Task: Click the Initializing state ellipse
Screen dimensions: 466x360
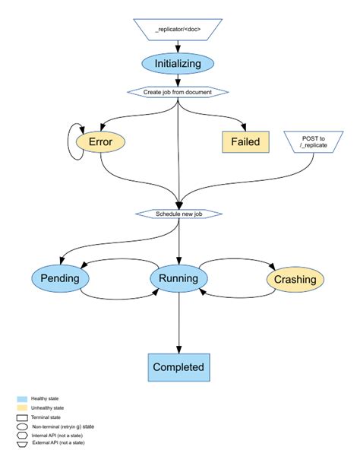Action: (x=178, y=64)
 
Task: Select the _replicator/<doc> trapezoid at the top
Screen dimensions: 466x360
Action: (x=178, y=30)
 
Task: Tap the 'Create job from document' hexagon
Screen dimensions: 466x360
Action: (x=178, y=92)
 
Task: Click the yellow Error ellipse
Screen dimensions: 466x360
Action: (x=100, y=141)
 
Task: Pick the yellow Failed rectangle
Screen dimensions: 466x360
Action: (x=245, y=141)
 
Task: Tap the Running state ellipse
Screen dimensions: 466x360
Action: (x=178, y=278)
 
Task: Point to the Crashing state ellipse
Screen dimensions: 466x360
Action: (x=295, y=279)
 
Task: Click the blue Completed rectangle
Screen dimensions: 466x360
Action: (x=178, y=366)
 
